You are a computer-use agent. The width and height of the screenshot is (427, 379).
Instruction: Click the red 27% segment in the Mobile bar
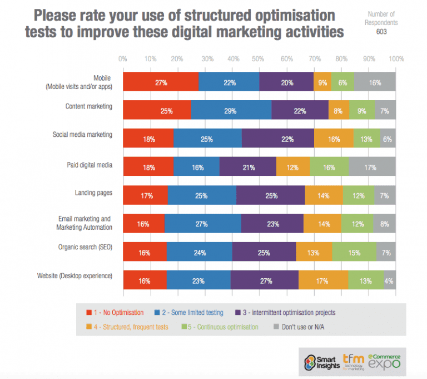161,82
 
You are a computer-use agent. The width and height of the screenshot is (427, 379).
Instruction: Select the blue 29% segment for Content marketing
231,111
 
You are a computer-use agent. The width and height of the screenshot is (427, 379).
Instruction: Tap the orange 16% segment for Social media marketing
334,139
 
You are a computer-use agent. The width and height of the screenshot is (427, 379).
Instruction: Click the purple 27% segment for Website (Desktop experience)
264,281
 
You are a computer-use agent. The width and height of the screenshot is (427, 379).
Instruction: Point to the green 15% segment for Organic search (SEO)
354,253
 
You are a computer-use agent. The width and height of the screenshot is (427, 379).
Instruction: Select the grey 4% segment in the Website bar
389,281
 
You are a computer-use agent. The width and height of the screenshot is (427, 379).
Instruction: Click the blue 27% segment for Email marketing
202,224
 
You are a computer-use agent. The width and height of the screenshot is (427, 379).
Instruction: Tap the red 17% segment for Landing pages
145,196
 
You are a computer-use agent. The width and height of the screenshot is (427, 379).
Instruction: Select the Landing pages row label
94,193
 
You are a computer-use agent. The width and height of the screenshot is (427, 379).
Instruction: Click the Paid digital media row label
91,164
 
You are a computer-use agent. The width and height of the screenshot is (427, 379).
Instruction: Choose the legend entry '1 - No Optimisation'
115,312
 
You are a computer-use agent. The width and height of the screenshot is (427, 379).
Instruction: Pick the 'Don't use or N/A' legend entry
300,327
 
